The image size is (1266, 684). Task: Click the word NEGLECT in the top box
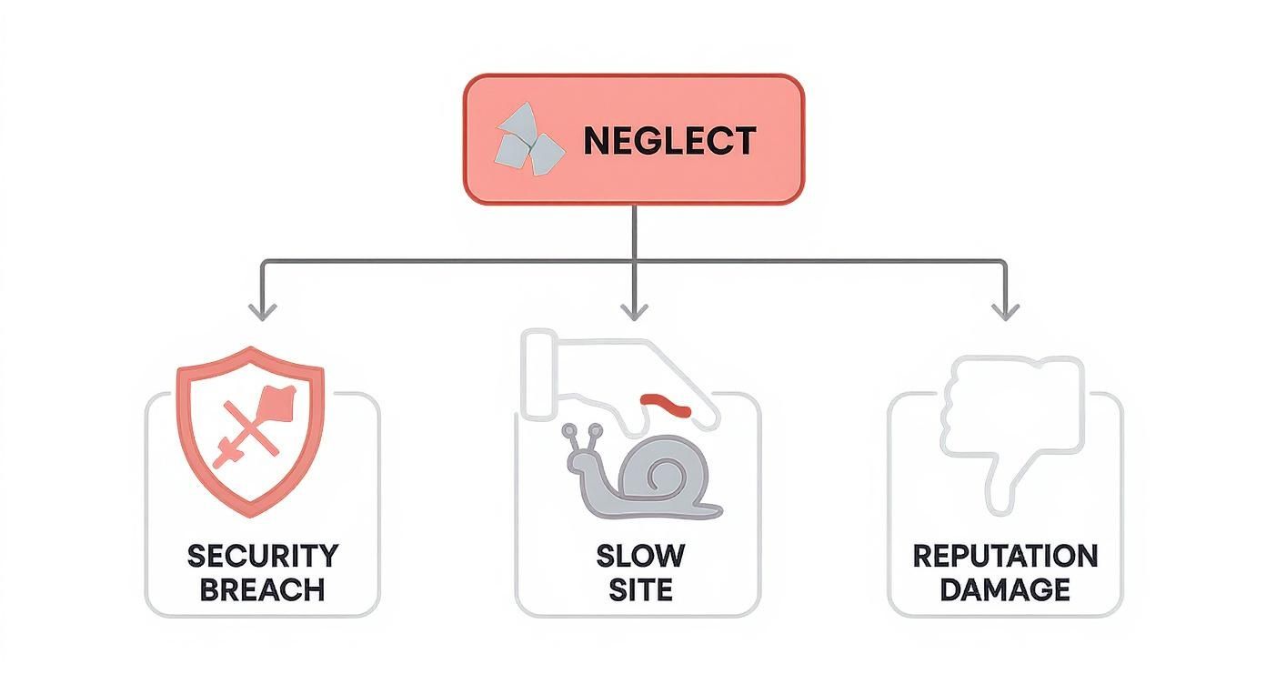point(668,141)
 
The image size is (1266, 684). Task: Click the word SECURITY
point(262,556)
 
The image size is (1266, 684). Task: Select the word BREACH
point(262,589)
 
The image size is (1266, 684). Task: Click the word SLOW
point(640,556)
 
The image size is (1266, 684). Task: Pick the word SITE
point(640,589)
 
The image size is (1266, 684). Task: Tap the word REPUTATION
point(1005,556)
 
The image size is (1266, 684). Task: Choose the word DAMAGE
point(1005,589)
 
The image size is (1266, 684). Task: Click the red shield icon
point(250,427)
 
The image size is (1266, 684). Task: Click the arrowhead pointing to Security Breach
point(262,312)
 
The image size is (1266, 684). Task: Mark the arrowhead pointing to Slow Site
point(634,312)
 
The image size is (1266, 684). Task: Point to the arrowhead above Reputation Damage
point(1005,312)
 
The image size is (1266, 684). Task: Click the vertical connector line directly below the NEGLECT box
point(634,232)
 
